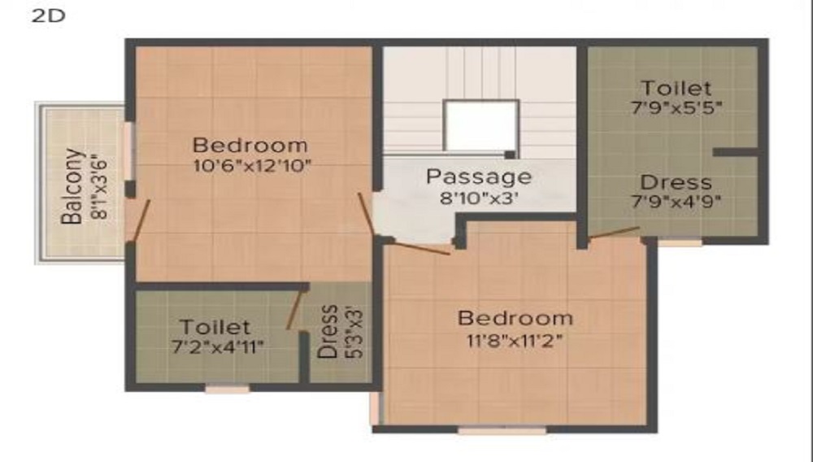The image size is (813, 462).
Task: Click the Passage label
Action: click(x=480, y=177)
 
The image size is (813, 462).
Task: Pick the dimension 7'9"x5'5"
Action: click(x=676, y=107)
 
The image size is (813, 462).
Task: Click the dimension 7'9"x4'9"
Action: click(x=676, y=201)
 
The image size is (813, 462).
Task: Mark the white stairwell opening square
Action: click(x=480, y=125)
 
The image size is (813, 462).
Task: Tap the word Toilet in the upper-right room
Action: click(x=676, y=87)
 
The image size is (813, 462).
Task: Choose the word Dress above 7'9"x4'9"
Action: click(x=676, y=182)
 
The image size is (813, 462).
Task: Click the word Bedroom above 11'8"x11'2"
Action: click(x=515, y=318)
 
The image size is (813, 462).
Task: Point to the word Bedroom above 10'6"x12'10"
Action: click(x=250, y=146)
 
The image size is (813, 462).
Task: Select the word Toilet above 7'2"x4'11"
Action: click(x=215, y=328)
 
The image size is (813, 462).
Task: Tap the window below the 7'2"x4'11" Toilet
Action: click(x=227, y=390)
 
